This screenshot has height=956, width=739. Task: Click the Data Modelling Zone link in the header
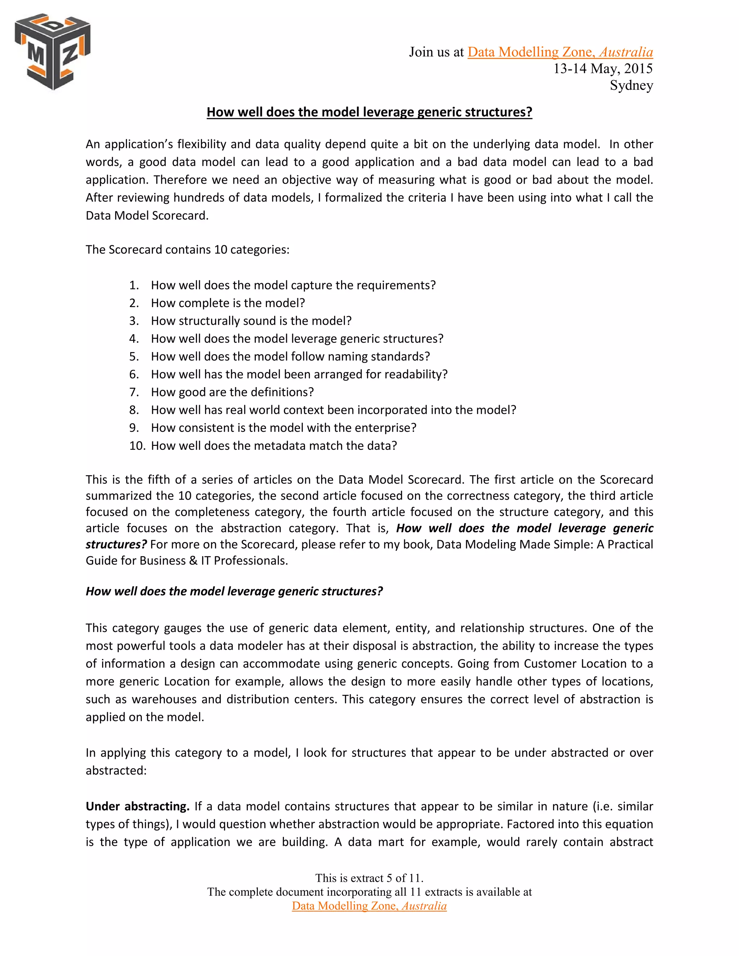[x=560, y=52]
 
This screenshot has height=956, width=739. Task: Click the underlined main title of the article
[x=369, y=112]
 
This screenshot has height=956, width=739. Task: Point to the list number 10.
[x=137, y=446]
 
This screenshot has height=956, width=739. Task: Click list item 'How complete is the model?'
[x=228, y=303]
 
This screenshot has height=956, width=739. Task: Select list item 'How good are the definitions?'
[x=232, y=392]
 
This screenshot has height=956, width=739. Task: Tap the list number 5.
[x=134, y=356]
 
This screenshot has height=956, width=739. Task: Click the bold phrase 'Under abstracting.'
[x=137, y=806]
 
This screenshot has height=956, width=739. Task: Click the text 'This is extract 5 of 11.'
[x=369, y=878]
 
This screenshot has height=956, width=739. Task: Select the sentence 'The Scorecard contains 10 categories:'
[x=187, y=250]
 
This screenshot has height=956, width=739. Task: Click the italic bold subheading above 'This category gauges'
[x=234, y=591]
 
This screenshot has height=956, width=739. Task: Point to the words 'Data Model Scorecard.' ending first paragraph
[x=147, y=215]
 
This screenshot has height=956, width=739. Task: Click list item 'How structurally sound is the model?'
[x=251, y=321]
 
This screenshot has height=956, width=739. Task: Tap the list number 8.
[x=134, y=410]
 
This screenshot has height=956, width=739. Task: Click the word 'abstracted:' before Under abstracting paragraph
[x=116, y=771]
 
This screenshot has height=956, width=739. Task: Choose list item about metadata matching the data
[x=274, y=446]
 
